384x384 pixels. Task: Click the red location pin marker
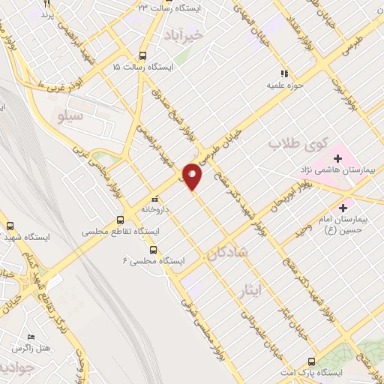(193, 175)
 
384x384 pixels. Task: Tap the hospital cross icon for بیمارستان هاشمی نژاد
(338, 159)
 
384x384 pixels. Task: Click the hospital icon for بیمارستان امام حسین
(343, 208)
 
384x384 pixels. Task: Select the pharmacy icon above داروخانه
(154, 200)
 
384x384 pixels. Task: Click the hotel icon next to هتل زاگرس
(30, 338)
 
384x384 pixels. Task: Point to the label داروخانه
(154, 211)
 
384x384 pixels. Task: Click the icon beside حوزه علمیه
(284, 73)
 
